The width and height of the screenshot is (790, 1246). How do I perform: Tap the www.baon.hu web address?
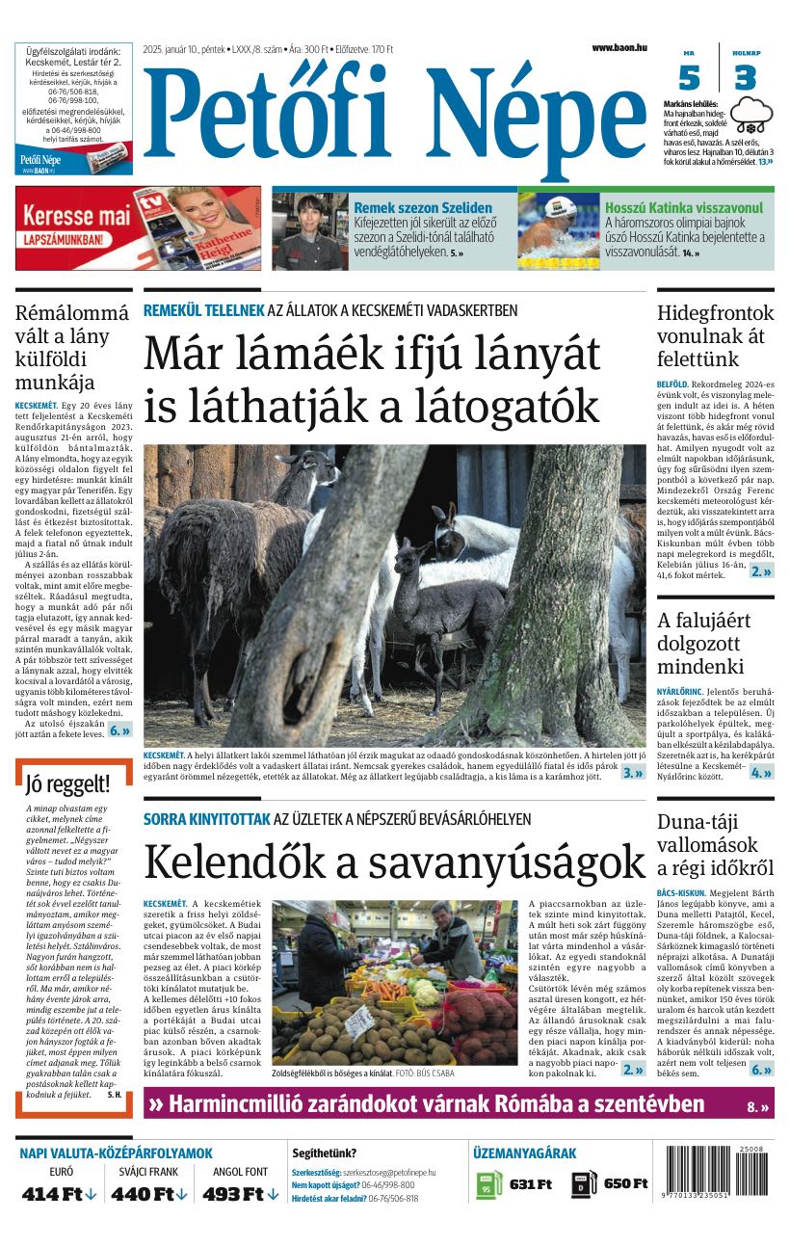coord(619,47)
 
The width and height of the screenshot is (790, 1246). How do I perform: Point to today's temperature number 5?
coord(689,77)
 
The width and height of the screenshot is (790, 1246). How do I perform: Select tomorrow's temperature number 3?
coord(745,77)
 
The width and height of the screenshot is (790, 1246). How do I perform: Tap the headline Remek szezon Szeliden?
coord(423,207)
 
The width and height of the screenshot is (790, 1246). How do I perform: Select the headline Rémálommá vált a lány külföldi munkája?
coord(72,347)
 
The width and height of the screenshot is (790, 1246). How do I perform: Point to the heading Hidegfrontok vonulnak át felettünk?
coord(715,336)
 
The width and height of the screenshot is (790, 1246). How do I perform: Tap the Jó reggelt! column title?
coord(67,783)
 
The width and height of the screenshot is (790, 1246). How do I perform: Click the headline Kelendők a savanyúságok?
coord(394,861)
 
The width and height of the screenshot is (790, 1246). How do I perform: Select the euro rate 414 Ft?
coord(60,1194)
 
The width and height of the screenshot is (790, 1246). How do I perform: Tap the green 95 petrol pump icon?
coord(488,1184)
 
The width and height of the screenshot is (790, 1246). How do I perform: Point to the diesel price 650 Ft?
coord(625,1183)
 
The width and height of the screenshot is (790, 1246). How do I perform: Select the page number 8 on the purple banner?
coord(756,1106)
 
